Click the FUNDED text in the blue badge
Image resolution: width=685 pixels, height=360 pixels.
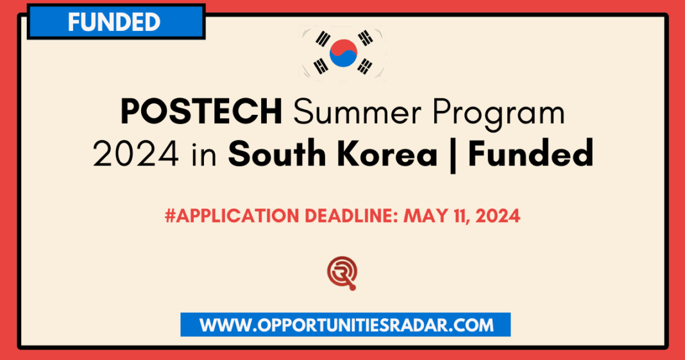point(114,22)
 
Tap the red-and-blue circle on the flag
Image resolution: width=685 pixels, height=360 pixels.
point(343,53)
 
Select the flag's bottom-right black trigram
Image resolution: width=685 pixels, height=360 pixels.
point(366,65)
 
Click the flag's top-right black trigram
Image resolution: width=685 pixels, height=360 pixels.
point(366,38)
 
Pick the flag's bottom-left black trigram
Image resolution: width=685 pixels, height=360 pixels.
point(319,66)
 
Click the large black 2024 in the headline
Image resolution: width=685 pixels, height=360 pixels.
point(136,155)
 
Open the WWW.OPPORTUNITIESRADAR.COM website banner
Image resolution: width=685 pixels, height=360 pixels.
point(346,325)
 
